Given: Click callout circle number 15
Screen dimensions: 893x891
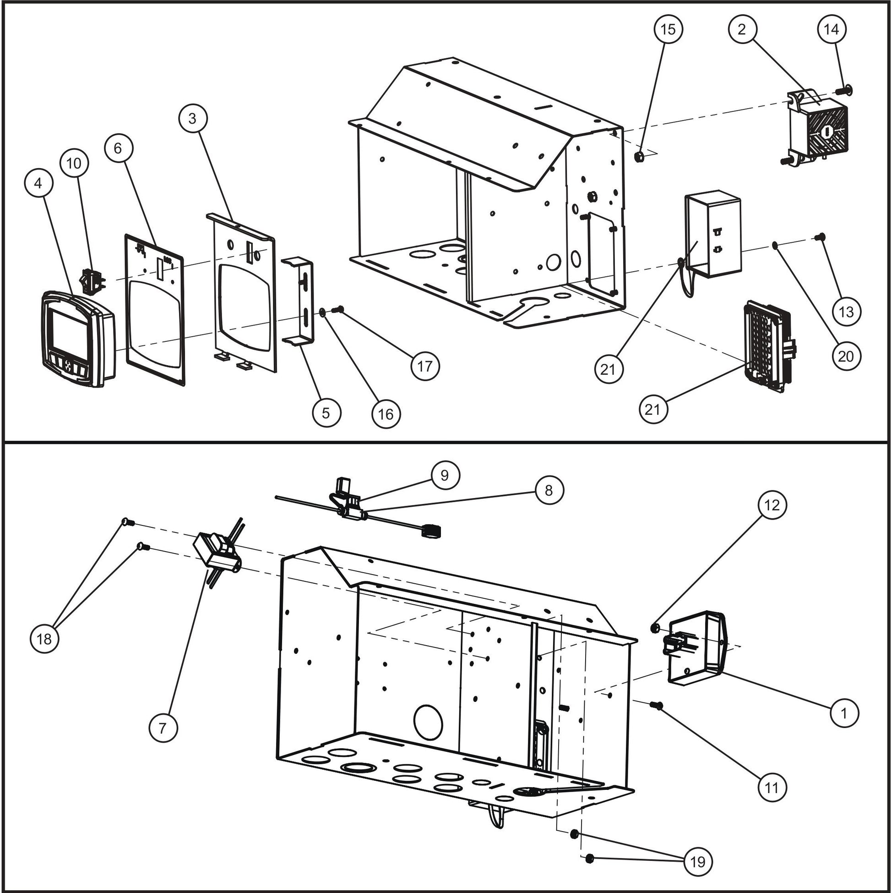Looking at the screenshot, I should point(668,29).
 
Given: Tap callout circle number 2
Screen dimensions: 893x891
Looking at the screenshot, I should point(741,29).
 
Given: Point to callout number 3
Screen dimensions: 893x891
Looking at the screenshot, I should point(193,118).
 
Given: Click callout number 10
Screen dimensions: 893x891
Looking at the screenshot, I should point(74,163).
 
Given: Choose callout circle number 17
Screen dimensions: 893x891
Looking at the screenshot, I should point(425,366).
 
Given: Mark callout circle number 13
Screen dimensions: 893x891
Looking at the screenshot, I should point(846,312).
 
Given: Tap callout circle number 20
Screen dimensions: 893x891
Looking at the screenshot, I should point(846,356).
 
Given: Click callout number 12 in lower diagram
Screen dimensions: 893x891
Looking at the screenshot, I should point(772,505).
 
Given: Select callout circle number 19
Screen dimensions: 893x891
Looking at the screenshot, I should point(698,861).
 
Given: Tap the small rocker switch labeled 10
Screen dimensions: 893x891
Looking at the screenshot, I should point(92,280).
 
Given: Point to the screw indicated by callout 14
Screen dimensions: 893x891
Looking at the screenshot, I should point(846,89).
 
